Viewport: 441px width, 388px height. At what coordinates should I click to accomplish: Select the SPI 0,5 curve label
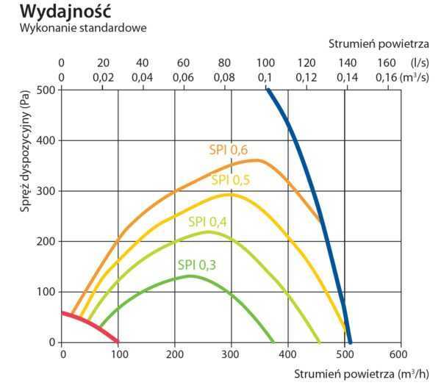(x=230, y=181)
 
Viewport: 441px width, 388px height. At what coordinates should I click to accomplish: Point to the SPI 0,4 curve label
(x=207, y=221)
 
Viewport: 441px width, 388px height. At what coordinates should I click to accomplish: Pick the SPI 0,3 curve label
(x=196, y=265)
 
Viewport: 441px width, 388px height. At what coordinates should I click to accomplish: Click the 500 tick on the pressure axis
(x=47, y=90)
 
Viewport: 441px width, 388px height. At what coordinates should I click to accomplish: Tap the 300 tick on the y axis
(x=47, y=190)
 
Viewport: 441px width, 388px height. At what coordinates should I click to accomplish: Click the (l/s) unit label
(x=420, y=62)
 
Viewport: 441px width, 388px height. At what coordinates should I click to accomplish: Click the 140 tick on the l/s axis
(x=345, y=62)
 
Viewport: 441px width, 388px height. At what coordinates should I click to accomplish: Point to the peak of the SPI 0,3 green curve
(x=191, y=276)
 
